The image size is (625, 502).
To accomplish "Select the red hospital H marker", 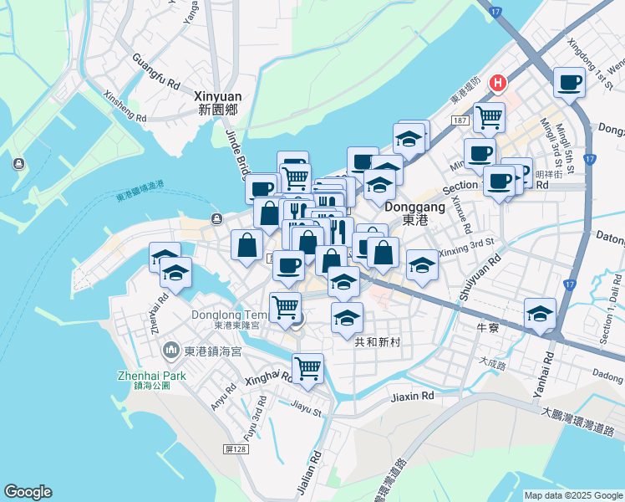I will coord(498,83).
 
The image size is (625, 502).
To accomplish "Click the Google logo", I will coord(28,492).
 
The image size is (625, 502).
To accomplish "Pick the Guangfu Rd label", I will coord(156,73).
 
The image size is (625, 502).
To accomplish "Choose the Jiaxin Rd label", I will coord(412,395).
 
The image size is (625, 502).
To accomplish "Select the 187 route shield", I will coord(460,121).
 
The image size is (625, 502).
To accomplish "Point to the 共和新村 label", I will coord(378,341).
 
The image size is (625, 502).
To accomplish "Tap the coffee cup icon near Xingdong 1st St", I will coord(570,83).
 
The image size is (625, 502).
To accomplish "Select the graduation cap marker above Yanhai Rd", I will coord(541,314).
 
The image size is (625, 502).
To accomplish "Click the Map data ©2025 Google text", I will coord(573,495).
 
